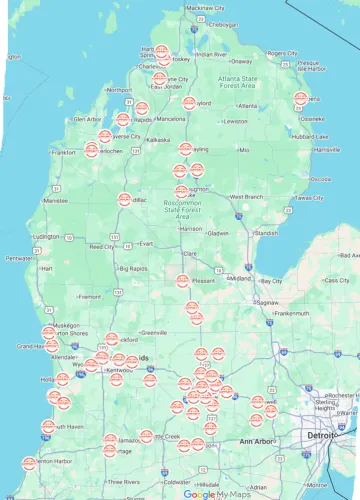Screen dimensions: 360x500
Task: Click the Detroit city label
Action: (322, 437)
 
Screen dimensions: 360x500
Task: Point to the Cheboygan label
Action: (224, 24)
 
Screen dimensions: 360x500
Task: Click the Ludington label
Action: (46, 237)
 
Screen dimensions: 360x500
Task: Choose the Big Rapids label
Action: (132, 268)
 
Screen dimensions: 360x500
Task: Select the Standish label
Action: (265, 232)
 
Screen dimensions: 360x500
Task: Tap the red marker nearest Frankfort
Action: (91, 150)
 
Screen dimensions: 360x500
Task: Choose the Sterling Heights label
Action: (325, 403)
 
